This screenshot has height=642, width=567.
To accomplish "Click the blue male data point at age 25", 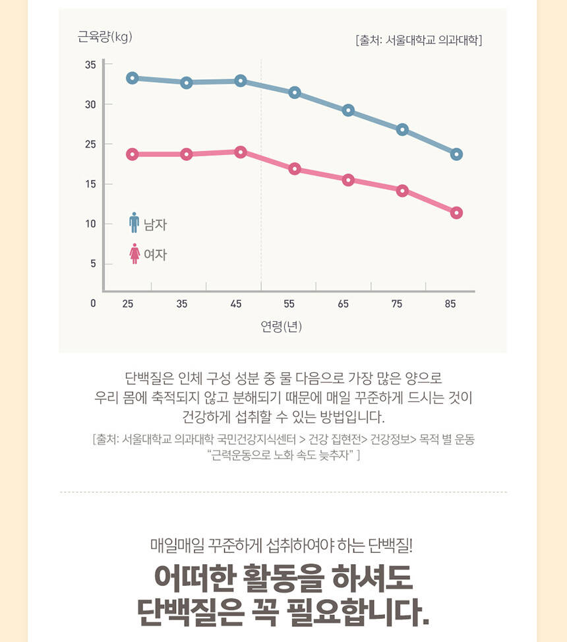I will pyautogui.click(x=132, y=78).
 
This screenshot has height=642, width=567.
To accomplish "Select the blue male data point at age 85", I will pyautogui.click(x=456, y=154).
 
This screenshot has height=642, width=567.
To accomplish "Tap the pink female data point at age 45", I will pyautogui.click(x=241, y=152).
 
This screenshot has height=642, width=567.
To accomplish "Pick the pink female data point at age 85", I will pyautogui.click(x=456, y=212).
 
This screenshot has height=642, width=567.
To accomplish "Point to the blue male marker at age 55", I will pyautogui.click(x=295, y=92).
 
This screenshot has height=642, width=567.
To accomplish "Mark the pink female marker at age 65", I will pyautogui.click(x=348, y=179).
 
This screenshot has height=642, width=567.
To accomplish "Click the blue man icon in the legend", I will pyautogui.click(x=134, y=223).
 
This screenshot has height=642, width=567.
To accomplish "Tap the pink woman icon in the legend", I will pyautogui.click(x=134, y=253).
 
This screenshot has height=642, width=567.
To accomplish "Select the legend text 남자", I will pyautogui.click(x=156, y=225).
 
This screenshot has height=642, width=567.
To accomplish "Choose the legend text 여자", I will pyautogui.click(x=156, y=255).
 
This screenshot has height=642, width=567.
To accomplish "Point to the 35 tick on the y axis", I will pyautogui.click(x=90, y=65).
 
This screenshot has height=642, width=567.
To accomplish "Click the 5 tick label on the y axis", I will pyautogui.click(x=93, y=263).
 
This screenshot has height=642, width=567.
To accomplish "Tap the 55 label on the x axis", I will pyautogui.click(x=289, y=304).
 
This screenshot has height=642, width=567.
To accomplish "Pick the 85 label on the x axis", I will pyautogui.click(x=450, y=304).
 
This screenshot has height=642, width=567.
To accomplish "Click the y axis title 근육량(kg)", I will pyautogui.click(x=105, y=37).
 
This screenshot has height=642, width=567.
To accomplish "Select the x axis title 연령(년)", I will pyautogui.click(x=281, y=326).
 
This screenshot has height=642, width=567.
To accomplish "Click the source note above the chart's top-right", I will pyautogui.click(x=419, y=40).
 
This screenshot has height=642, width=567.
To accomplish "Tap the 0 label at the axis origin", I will pyautogui.click(x=93, y=304).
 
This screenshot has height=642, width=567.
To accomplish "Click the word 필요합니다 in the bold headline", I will pyautogui.click(x=359, y=612).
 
